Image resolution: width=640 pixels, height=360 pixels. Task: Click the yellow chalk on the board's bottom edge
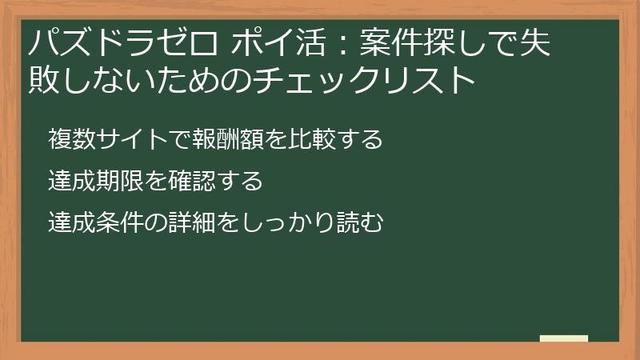(x=564, y=338)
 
